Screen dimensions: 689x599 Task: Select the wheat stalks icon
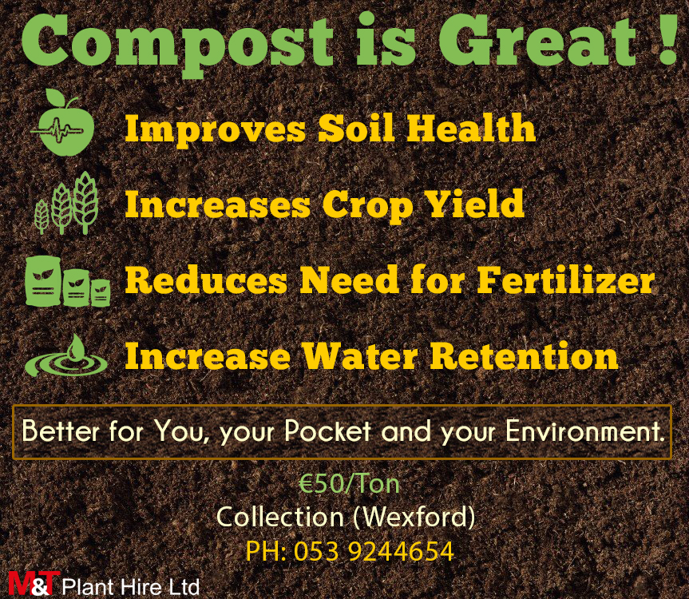click(67, 203)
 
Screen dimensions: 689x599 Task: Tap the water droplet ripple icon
click(66, 355)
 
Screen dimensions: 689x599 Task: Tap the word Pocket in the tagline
click(327, 431)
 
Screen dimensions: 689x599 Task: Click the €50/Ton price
click(349, 484)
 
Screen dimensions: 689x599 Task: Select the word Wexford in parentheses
click(414, 517)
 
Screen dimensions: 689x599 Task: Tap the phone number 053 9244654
click(374, 551)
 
